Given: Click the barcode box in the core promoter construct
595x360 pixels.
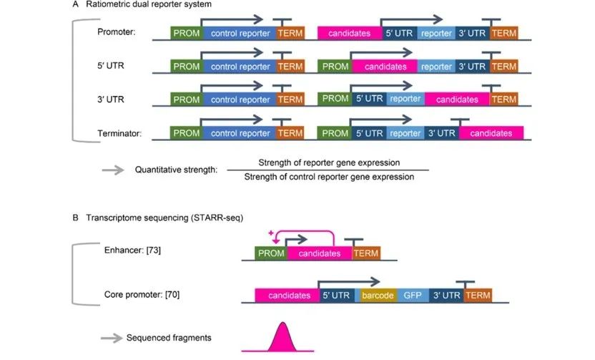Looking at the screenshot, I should point(378,295).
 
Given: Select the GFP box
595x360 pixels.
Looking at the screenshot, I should point(413,295).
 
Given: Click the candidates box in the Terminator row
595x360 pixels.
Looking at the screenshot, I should point(491,133).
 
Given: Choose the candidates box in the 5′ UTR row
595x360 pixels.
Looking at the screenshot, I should point(385,67).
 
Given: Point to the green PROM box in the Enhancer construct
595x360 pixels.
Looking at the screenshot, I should point(271,253).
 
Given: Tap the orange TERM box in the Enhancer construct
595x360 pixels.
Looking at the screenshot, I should point(366,253).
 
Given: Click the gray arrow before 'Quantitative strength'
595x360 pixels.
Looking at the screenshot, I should point(112,170).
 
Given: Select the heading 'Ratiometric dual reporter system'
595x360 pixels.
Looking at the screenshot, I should point(146,5).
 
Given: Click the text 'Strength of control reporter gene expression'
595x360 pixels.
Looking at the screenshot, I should point(329,177).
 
